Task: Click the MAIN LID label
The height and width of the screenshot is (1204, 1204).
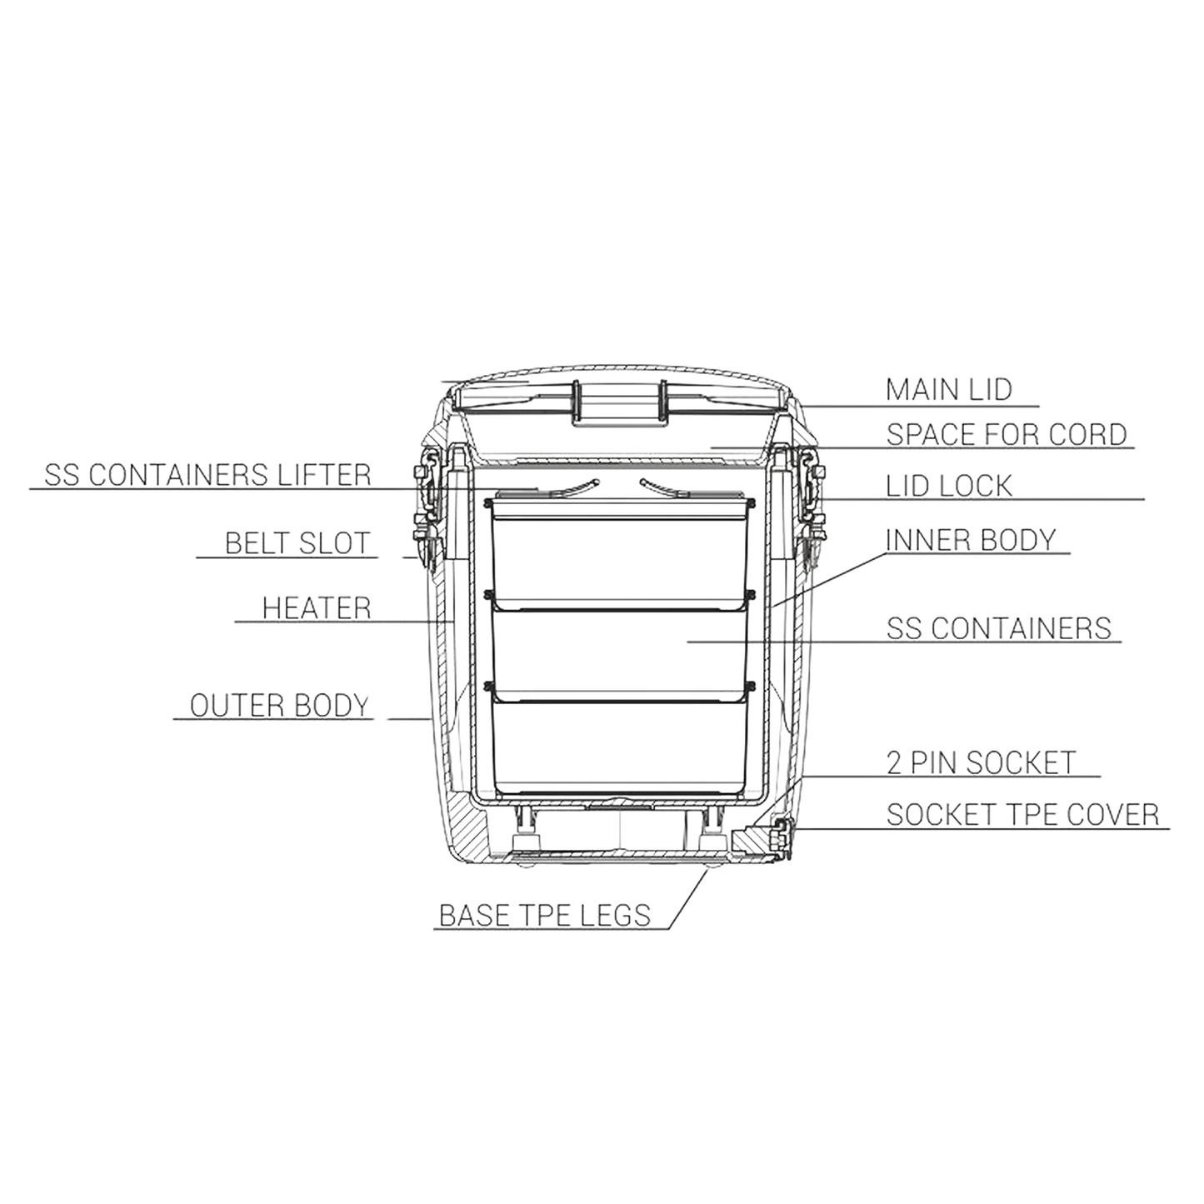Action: (x=949, y=390)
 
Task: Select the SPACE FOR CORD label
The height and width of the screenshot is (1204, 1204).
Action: (x=1006, y=434)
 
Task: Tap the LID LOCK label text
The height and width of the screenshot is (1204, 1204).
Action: (x=949, y=484)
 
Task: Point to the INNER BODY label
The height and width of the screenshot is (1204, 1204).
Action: (x=971, y=540)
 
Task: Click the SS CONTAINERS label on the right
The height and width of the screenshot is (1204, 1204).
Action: (x=998, y=627)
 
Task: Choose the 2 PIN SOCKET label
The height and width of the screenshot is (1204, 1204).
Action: (x=982, y=762)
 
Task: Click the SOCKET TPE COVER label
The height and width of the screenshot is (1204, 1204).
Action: (x=1022, y=814)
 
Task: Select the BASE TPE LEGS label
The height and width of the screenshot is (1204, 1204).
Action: (x=543, y=916)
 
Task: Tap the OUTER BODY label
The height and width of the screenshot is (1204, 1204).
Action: (x=279, y=706)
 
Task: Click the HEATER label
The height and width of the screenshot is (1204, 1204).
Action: (x=317, y=607)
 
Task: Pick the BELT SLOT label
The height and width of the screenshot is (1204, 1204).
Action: (x=296, y=542)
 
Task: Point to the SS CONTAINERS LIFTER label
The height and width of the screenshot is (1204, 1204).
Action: (x=207, y=475)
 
